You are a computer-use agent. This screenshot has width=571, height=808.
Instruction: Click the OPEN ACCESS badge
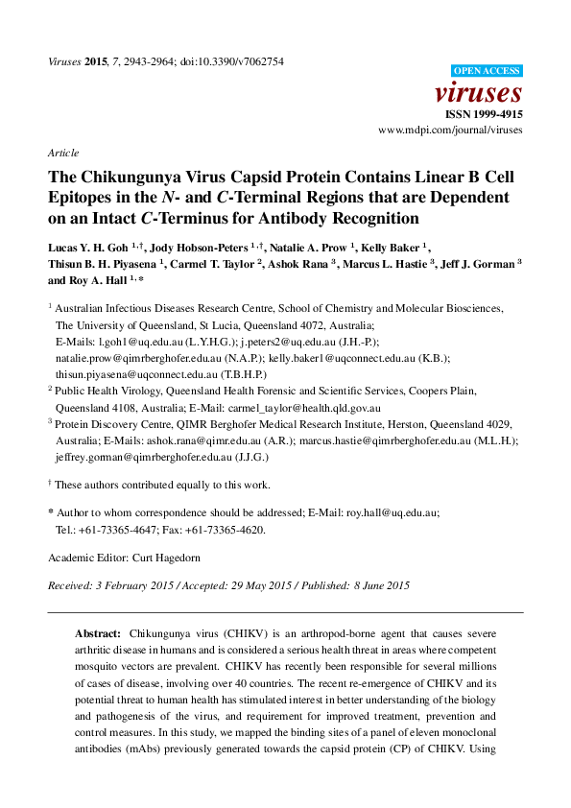[487, 71]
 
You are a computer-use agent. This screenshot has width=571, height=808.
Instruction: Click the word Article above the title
[62, 153]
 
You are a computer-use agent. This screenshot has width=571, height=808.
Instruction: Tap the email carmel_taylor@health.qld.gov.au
[307, 407]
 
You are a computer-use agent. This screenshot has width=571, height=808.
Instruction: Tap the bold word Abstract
[98, 635]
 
